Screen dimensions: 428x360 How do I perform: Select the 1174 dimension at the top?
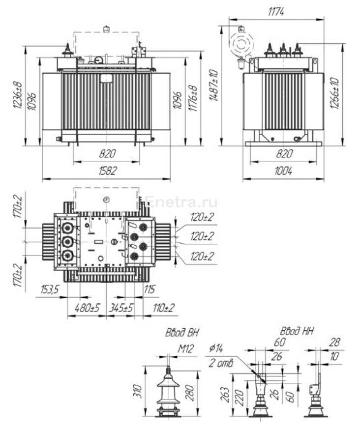tap(277, 12)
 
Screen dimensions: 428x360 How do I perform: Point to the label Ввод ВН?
tap(182, 332)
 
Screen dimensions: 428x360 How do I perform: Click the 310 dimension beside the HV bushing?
tap(142, 391)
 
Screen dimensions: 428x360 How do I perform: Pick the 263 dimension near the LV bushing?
tap(225, 396)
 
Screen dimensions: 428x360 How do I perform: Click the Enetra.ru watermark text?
tap(182, 202)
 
